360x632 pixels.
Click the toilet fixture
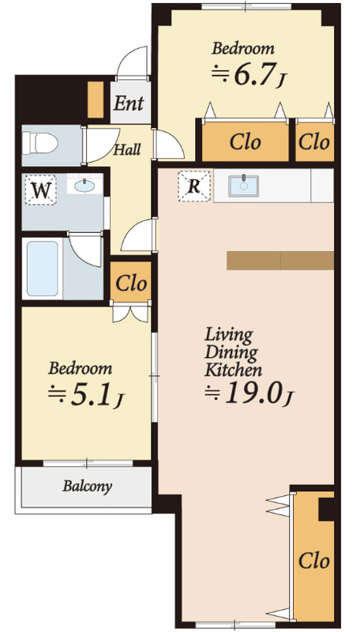point(39,143)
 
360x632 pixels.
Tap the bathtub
point(43,269)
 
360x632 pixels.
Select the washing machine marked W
point(40,190)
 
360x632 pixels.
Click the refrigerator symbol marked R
point(194,186)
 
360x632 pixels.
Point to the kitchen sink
point(244,186)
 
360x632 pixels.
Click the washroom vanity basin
point(84,186)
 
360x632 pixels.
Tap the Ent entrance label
point(129,103)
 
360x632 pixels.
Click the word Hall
point(127,150)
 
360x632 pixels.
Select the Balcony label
point(87,487)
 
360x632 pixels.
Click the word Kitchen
point(234,370)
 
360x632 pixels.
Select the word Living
point(229,335)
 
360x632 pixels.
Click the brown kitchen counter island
point(280,261)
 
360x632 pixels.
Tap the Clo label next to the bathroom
point(131,284)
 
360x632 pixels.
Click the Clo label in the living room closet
point(314,560)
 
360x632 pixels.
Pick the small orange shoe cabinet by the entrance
point(96,100)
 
